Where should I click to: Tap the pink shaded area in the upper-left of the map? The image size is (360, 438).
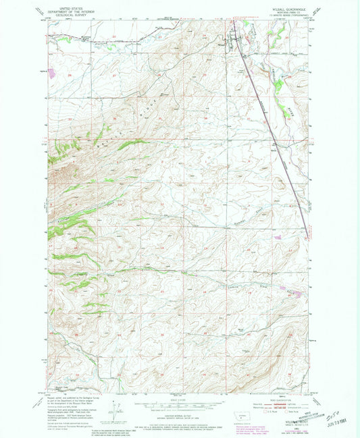point(51,70)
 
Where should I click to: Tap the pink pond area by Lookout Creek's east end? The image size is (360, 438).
point(290,293)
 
